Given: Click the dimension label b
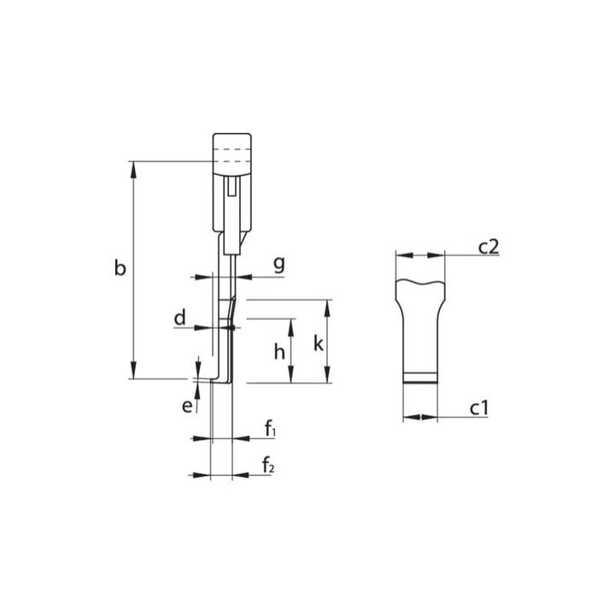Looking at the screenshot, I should coord(120,270).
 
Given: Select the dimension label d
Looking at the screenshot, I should coord(179,319).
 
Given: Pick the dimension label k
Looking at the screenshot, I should coord(318,343).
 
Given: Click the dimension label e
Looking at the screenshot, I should coord(186,406).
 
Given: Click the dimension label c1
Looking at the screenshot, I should coord(479,409).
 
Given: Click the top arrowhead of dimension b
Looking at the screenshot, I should coord(133,168).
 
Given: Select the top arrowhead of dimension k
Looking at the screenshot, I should coord(327,307).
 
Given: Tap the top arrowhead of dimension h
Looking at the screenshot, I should coord(291,325).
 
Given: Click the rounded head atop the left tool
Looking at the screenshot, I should coord(232,147).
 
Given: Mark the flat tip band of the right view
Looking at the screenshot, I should coord(420,379).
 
